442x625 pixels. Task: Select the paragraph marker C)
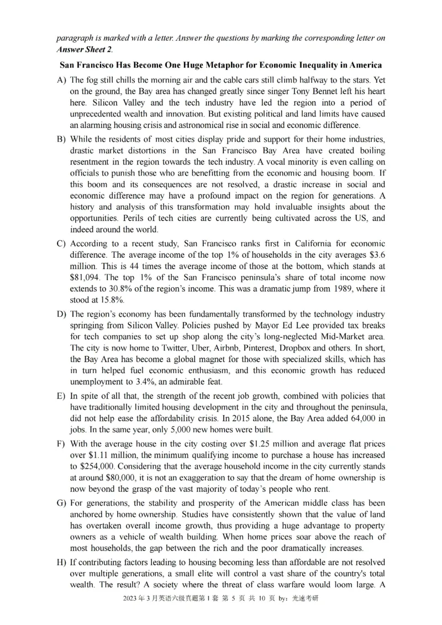point(61,243)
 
